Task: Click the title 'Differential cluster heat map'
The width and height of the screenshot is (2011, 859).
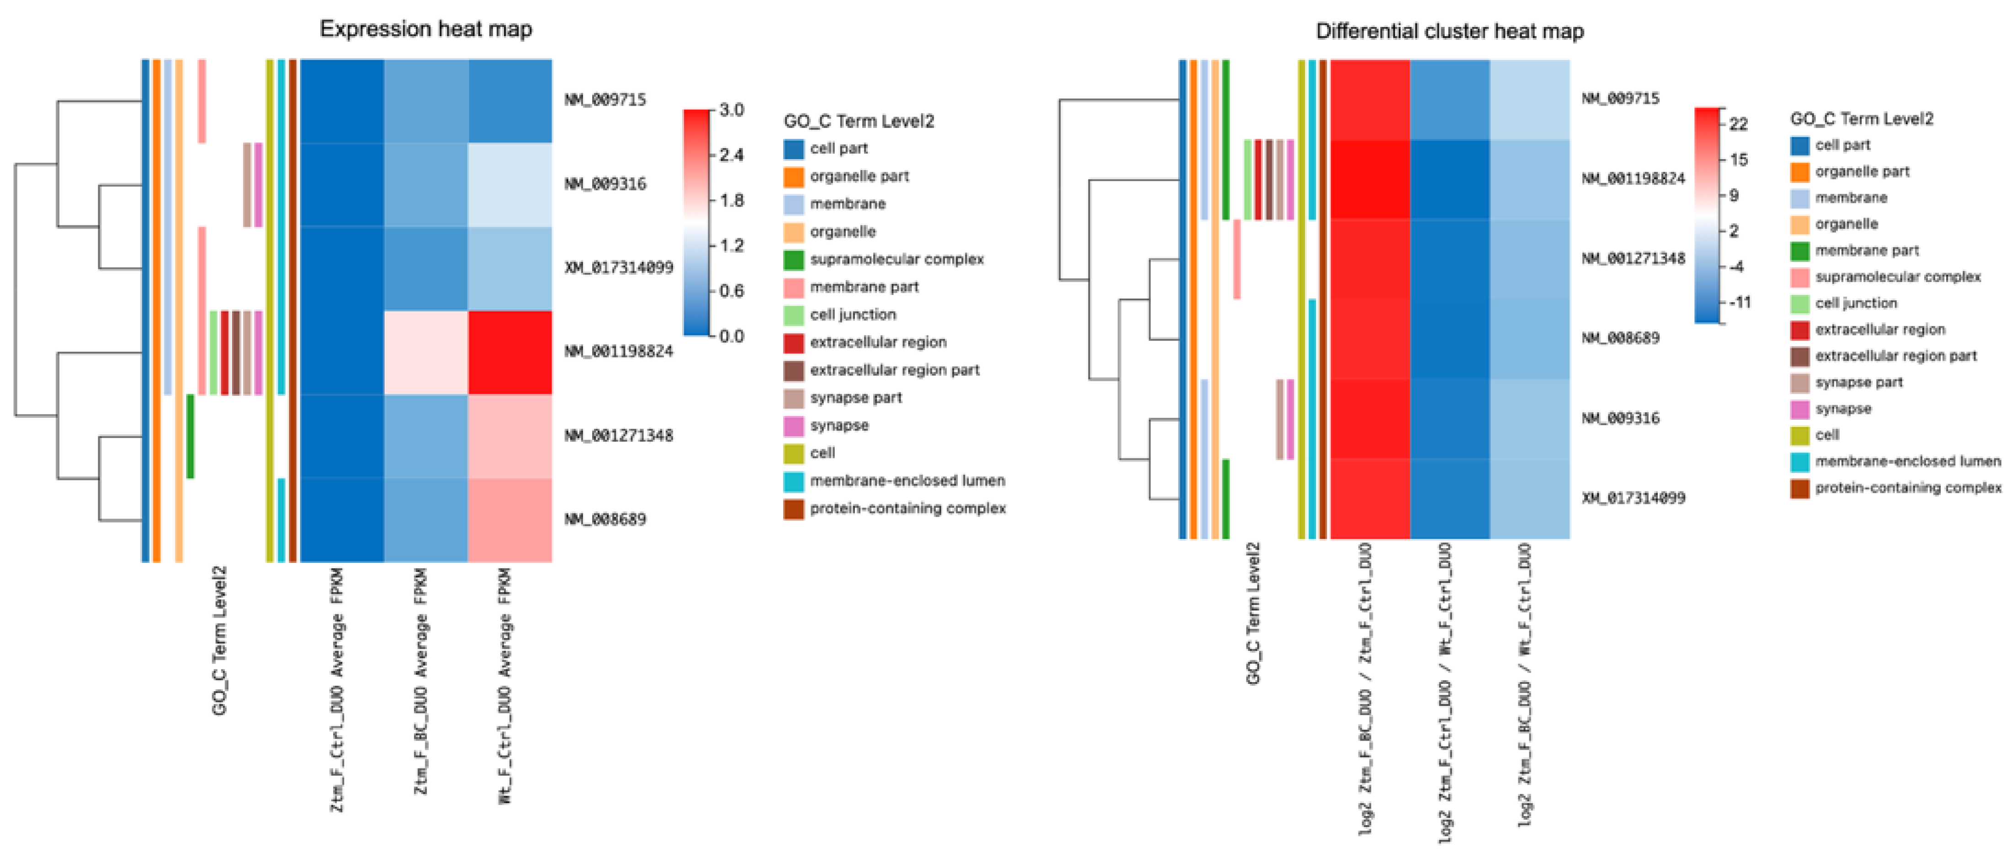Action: pos(1450,31)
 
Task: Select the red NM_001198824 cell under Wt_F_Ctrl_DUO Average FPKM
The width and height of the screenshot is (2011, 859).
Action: pos(510,352)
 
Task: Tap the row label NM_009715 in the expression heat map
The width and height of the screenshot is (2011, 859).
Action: pos(605,100)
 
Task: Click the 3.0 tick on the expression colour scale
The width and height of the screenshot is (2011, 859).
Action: pos(732,110)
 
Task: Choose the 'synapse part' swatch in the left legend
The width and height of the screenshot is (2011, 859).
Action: pos(793,398)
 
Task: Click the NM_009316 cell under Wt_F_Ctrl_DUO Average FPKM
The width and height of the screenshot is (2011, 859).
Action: pos(510,185)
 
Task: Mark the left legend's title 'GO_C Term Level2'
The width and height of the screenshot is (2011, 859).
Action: pos(859,121)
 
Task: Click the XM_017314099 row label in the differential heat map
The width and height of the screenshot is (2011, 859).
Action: pos(1633,498)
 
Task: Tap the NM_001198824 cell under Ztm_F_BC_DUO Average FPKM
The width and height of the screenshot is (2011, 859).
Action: pos(425,352)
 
